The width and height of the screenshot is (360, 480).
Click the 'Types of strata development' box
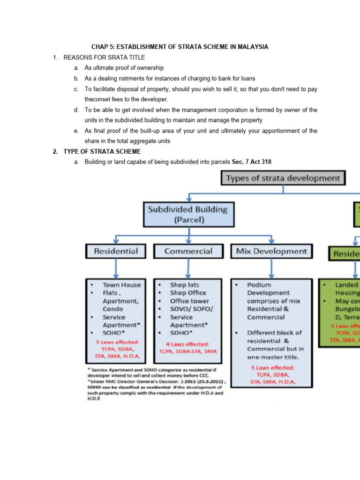(283, 178)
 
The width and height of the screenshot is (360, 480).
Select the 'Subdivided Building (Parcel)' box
(188, 215)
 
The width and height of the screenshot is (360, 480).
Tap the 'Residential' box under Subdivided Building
(116, 251)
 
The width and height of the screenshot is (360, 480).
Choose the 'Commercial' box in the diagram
(188, 251)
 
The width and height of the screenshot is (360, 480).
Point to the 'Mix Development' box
(271, 251)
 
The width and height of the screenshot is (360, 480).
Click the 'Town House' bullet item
(121, 285)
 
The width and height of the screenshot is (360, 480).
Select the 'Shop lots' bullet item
(184, 285)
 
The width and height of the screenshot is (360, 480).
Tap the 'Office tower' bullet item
(189, 301)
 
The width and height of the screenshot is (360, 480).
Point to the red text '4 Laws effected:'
(187, 344)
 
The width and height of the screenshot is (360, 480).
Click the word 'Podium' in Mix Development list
(259, 285)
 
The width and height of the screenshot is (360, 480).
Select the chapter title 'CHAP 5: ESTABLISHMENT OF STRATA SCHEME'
(180, 47)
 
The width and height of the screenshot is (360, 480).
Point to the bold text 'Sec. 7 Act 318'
(251, 162)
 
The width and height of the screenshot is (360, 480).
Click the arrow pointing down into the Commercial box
(188, 239)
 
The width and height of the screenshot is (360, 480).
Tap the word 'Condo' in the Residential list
(112, 309)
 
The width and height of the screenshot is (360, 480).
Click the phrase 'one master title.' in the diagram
(273, 357)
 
